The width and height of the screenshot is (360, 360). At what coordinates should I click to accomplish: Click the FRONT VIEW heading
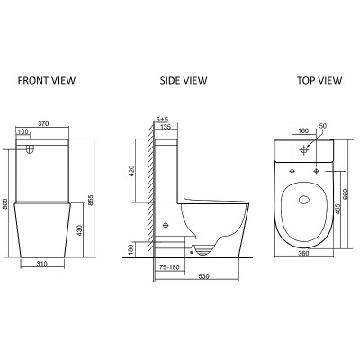(x=47, y=80)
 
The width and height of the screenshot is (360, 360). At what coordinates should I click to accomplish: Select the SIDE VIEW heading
(x=184, y=80)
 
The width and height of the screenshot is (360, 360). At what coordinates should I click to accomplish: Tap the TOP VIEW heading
(x=319, y=80)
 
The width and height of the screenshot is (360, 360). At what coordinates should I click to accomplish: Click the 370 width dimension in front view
(x=42, y=123)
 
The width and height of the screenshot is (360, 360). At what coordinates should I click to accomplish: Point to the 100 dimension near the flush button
(x=22, y=131)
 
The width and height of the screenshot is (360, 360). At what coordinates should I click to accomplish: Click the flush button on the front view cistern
(x=30, y=149)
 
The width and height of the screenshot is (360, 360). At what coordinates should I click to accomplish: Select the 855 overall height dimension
(x=91, y=201)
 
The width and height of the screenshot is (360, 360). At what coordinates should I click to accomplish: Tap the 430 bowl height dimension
(x=79, y=230)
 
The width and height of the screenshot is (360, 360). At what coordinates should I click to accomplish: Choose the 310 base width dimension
(x=41, y=264)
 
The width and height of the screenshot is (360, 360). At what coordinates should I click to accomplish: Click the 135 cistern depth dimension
(x=166, y=127)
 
